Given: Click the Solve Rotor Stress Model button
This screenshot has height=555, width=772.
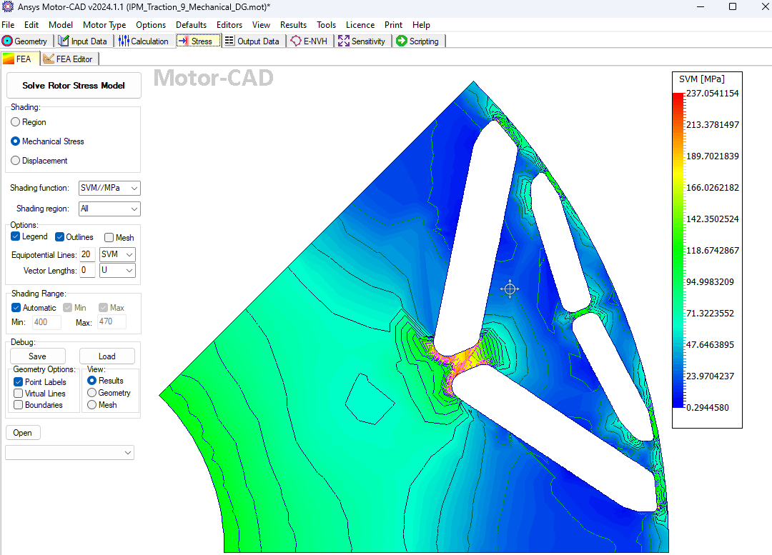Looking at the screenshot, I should pos(74,86).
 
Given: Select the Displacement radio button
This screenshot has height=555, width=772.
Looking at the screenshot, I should pos(16,161).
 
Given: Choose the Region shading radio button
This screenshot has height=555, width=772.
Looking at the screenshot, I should pos(16,122).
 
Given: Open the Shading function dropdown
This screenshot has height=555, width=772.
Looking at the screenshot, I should pos(109,188).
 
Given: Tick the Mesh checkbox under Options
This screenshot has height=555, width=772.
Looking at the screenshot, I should pos(109,238).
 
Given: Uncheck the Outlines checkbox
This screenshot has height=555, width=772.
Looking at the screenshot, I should pos(60,237).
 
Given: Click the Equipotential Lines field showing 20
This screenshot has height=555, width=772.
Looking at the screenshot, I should pos(86,254).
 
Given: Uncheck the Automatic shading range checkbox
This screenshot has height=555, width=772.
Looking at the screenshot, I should pos(16,308).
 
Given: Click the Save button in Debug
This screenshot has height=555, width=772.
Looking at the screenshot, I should pos(37,356).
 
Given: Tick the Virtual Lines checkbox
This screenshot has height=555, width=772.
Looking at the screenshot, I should pos(19,394).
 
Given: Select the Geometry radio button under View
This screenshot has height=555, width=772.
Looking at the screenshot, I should pos(91,393).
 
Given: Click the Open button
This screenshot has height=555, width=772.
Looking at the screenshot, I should pos(22,433).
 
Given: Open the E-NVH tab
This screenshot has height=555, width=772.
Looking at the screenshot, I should pos(309,41).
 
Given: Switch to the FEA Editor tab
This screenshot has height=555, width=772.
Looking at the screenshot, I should pos(69,59).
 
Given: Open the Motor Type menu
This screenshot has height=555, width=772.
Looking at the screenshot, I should pos(104,25).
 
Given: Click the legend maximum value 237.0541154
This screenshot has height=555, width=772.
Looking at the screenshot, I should pos(713,94).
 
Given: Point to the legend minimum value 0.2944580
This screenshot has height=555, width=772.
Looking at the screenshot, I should pos(713,408).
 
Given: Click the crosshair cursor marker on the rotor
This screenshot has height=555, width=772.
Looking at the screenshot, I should pos(510,289).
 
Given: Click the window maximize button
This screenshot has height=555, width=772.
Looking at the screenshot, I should pos(733,6).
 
